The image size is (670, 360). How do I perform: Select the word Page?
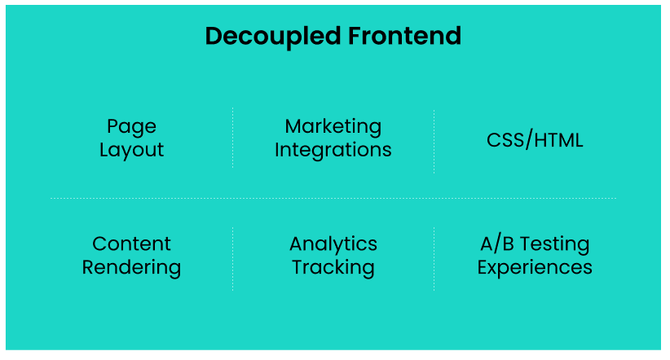tap(131, 127)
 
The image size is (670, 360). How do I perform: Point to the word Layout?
tap(131, 151)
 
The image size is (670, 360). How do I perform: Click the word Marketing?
tap(333, 126)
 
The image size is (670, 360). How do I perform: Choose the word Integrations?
tap(333, 151)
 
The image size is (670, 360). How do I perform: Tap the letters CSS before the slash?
tap(505, 139)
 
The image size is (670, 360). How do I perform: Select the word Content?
tap(131, 244)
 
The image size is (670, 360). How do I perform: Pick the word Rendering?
tap(131, 267)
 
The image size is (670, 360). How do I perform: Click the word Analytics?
tap(333, 244)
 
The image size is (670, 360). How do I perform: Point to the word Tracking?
tap(333, 267)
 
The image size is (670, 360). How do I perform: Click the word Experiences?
tap(535, 267)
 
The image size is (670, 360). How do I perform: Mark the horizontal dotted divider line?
tap(333, 198)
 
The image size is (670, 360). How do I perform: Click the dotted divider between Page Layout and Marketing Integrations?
tap(232, 138)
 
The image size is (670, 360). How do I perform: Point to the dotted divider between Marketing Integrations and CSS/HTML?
tap(434, 140)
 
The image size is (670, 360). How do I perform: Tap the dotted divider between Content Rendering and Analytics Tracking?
tap(232, 257)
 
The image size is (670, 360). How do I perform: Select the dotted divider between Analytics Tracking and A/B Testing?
tap(434, 257)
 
